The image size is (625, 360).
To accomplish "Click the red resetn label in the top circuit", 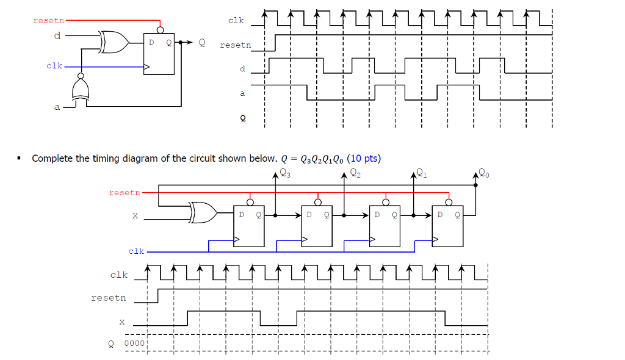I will [x=48, y=21].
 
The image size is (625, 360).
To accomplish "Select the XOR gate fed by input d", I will [x=115, y=42].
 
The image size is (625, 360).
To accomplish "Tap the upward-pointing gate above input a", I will [x=79, y=90].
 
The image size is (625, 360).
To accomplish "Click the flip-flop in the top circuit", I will [x=159, y=54].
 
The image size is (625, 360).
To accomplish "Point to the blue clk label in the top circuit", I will [x=54, y=65].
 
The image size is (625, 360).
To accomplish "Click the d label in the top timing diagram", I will [x=242, y=68].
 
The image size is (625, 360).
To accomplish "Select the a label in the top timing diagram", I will [x=242, y=93].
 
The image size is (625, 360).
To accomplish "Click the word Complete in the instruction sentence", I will [x=52, y=159].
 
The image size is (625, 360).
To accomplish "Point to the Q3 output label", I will [x=285, y=173].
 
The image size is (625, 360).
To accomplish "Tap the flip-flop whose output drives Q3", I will [x=249, y=225].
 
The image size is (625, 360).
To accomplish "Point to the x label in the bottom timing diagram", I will [x=121, y=321].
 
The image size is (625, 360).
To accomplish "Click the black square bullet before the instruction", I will [x=20, y=159].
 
